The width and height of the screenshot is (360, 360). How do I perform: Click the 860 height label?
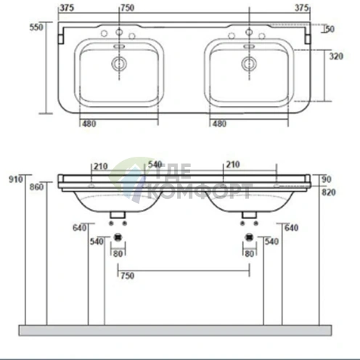pos(37,187)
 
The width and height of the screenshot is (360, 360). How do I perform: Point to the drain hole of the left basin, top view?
pos(118,64)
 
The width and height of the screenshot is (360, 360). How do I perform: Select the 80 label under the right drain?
pos(250,253)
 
